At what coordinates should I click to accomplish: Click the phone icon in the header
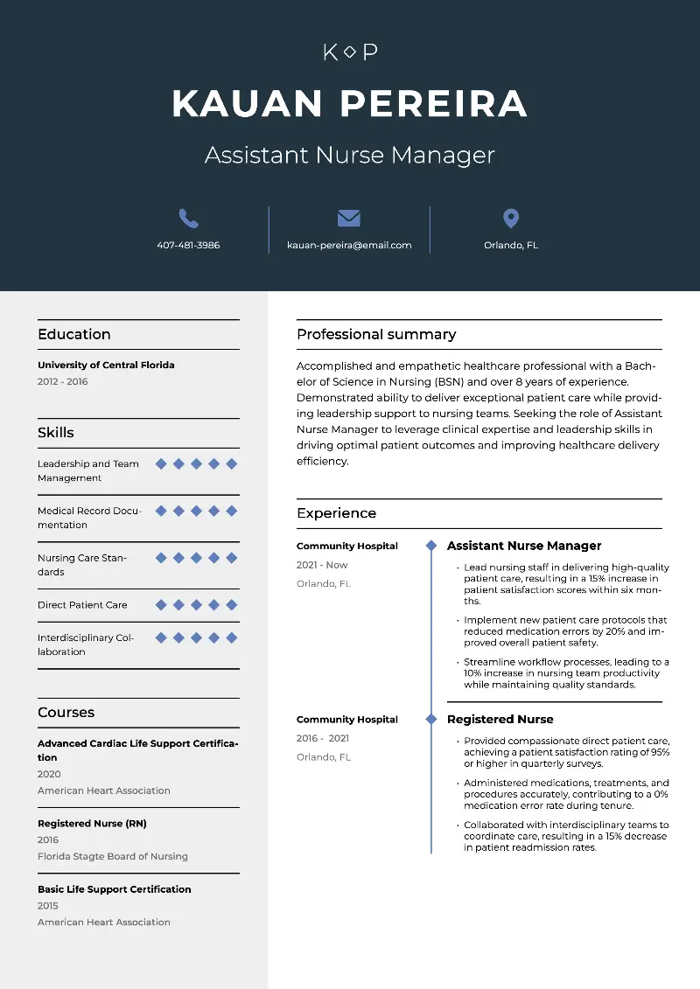tap(188, 219)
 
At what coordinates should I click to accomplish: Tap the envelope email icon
tap(348, 219)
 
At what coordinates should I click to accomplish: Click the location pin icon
tap(511, 219)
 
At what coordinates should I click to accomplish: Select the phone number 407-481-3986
tap(188, 246)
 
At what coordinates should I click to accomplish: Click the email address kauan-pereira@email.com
tap(349, 246)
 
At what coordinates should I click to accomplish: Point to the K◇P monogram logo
tap(350, 52)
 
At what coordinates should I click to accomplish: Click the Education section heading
tap(74, 334)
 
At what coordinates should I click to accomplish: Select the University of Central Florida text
tap(106, 366)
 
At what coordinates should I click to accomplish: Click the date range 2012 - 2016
tap(63, 382)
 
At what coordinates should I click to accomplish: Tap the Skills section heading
tap(56, 433)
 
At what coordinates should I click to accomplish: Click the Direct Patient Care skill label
tap(82, 605)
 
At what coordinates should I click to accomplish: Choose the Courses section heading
tap(66, 713)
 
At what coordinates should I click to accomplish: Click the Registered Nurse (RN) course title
tap(92, 824)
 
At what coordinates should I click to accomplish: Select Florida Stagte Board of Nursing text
tap(113, 857)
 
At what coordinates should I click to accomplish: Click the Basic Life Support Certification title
tap(114, 889)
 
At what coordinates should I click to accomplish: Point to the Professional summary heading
tap(376, 334)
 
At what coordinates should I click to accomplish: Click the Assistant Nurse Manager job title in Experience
tap(524, 546)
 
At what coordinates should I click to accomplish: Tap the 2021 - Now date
tap(322, 566)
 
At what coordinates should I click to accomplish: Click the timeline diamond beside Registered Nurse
tap(430, 719)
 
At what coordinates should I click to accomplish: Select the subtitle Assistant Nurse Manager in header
tap(350, 156)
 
